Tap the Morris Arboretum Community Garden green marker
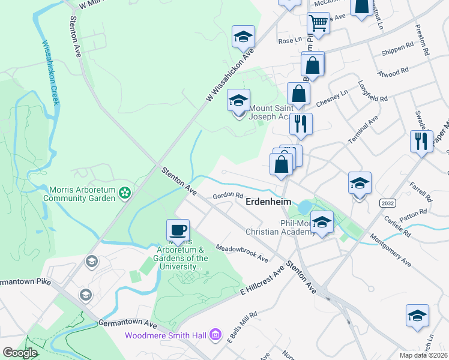(124, 193)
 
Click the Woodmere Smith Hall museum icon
(216, 335)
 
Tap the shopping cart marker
(318, 23)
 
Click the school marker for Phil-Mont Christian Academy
(322, 222)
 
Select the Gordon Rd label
(229, 196)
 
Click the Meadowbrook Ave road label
(241, 253)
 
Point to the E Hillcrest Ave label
(261, 282)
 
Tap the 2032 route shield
(388, 203)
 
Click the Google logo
(19, 353)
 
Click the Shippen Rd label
(397, 45)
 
